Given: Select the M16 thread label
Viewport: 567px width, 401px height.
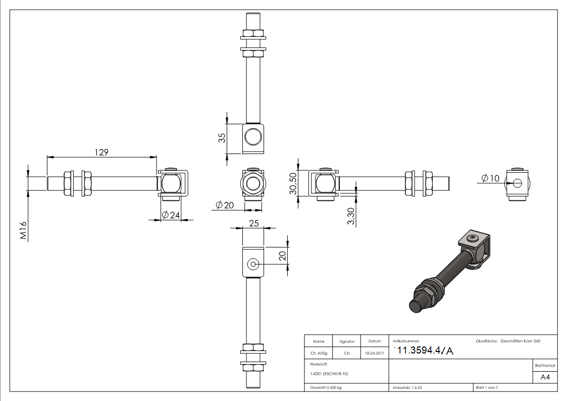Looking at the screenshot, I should (24, 231).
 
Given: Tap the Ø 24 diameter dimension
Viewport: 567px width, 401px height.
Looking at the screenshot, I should (171, 215).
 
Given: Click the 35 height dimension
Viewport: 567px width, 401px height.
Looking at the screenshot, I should (222, 138).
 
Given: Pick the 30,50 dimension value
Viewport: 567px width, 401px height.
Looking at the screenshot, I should (292, 183).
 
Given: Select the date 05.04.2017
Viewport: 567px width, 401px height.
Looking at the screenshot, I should (374, 354).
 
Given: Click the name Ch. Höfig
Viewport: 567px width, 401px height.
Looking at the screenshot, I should (319, 354).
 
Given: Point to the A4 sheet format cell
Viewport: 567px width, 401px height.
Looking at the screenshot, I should (545, 377).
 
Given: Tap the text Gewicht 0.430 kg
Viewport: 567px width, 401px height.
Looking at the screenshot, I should (326, 387).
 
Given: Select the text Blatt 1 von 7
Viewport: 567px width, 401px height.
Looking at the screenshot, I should (487, 387).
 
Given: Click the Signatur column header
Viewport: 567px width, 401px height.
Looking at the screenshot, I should (347, 341).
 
